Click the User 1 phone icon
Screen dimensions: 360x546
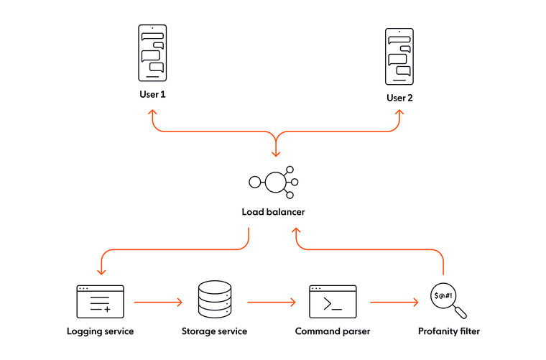click(152, 53)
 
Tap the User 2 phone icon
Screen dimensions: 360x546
click(399, 56)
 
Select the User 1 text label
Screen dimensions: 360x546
click(152, 95)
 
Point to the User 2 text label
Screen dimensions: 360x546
click(399, 98)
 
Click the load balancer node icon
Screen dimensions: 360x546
click(274, 183)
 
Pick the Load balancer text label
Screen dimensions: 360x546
click(273, 213)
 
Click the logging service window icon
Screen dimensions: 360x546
click(100, 301)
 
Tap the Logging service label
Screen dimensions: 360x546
click(100, 331)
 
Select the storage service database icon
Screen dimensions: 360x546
click(214, 301)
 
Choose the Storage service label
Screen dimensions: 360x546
click(214, 331)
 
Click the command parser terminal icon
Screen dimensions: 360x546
click(333, 301)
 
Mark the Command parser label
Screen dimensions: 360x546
click(333, 331)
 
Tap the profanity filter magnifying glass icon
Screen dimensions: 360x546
click(448, 301)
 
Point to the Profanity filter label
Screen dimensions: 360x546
click(449, 331)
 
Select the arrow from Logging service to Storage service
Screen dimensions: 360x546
click(158, 303)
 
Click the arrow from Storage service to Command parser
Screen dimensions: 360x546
click(272, 303)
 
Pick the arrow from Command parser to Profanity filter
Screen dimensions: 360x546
click(394, 303)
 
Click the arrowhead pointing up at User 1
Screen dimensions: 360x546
click(152, 113)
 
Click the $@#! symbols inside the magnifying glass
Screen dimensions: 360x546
click(443, 296)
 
